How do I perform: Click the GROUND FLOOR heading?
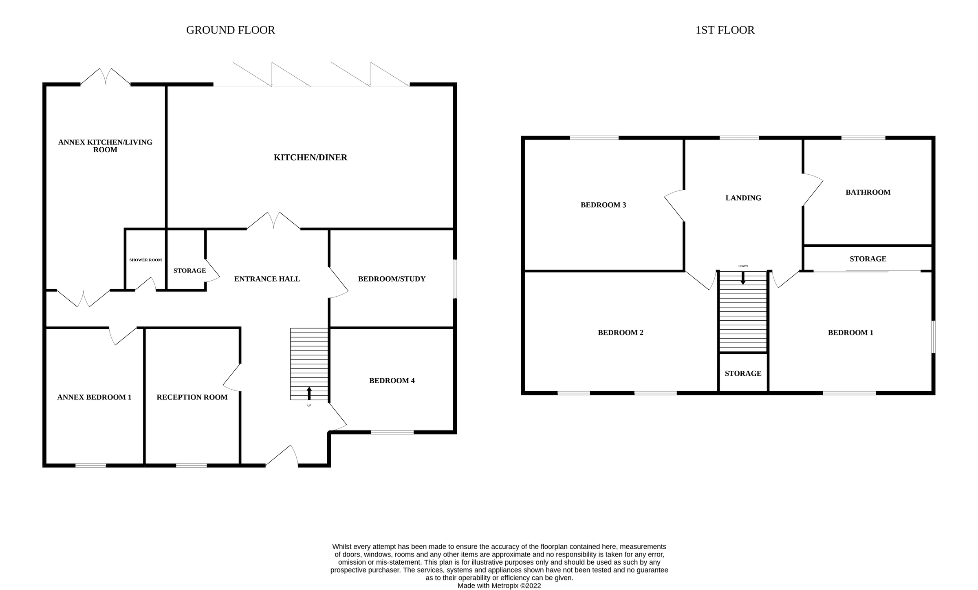pyautogui.click(x=230, y=30)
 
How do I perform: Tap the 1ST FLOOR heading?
pyautogui.click(x=725, y=30)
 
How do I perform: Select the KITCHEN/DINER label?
pyautogui.click(x=310, y=157)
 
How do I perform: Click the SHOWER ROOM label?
pyautogui.click(x=145, y=260)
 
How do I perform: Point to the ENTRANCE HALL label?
pyautogui.click(x=267, y=279)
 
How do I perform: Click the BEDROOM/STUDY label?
pyautogui.click(x=392, y=279)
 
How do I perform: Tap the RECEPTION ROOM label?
pyautogui.click(x=192, y=397)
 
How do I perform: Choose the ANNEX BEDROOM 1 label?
pyautogui.click(x=94, y=397)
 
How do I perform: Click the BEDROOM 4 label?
pyautogui.click(x=392, y=381)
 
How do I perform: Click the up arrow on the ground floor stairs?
pyautogui.click(x=309, y=393)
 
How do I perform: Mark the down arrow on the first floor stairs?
pyautogui.click(x=743, y=278)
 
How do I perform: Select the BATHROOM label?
pyautogui.click(x=868, y=192)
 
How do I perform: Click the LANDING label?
pyautogui.click(x=743, y=198)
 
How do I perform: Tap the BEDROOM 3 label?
pyautogui.click(x=603, y=205)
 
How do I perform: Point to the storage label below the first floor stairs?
pyautogui.click(x=743, y=374)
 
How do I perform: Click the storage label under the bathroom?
pyautogui.click(x=868, y=259)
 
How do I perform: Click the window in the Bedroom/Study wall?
pyautogui.click(x=455, y=279)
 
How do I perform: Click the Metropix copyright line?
pyautogui.click(x=499, y=586)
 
